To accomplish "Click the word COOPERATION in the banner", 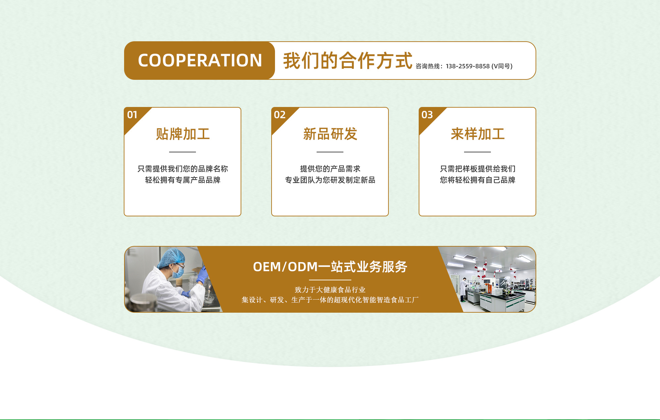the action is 200,61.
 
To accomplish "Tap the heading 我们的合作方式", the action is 348,61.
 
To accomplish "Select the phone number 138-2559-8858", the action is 467,66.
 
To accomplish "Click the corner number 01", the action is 132,115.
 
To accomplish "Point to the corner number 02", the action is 279,115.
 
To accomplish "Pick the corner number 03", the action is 427,115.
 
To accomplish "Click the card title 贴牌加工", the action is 183,134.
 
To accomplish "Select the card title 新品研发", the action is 330,134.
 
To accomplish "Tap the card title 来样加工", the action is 477,134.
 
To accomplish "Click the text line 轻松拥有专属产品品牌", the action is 183,180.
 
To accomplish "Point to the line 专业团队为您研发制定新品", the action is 330,180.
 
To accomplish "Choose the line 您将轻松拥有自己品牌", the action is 477,180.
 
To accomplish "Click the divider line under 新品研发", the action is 330,152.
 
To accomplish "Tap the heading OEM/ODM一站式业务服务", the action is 330,267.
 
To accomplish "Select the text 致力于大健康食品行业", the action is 330,290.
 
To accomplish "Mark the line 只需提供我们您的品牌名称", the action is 183,169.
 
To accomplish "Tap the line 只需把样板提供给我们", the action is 477,169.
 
